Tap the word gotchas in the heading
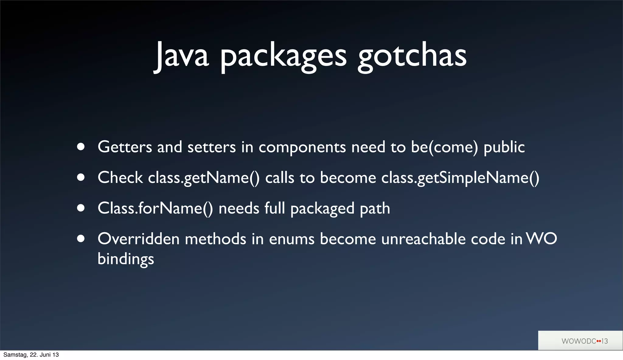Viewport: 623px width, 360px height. coord(412,56)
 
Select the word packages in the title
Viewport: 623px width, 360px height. coord(283,56)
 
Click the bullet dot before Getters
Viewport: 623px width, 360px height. coord(81,147)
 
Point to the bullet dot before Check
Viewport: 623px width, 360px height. coord(81,177)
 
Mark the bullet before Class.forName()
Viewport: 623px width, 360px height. coord(81,208)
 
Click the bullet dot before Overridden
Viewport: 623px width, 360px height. coord(81,239)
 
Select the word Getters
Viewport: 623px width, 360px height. coord(125,147)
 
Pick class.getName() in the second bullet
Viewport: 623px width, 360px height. coord(204,178)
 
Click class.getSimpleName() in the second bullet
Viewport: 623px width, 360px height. coord(460,178)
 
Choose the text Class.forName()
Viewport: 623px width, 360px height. coord(155,208)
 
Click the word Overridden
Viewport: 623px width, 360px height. coord(138,239)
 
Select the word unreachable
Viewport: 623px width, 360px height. coord(423,239)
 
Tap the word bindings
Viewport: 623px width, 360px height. coord(126,259)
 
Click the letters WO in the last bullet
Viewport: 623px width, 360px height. coord(541,239)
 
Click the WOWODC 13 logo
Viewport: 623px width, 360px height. coord(584,341)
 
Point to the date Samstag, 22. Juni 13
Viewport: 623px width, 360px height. coord(31,355)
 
